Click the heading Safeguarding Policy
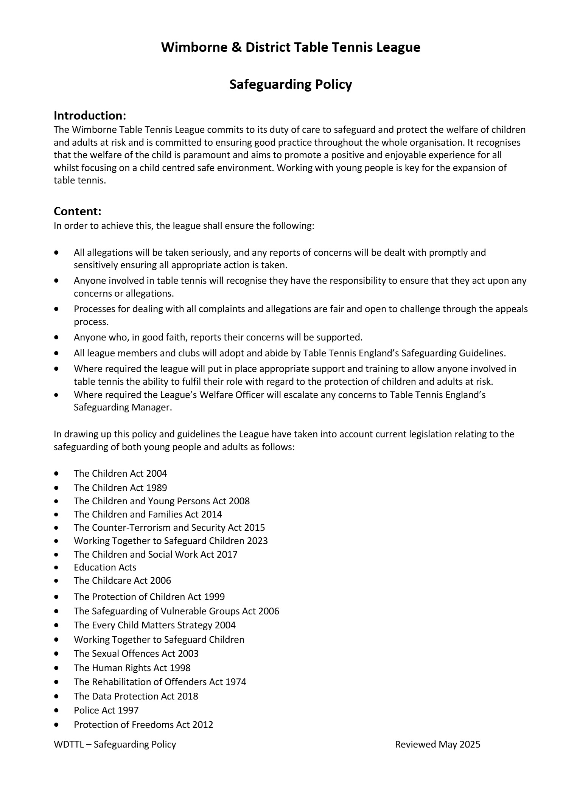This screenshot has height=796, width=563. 291,84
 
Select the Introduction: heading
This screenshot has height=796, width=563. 90,115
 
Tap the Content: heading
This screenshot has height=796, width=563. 78,211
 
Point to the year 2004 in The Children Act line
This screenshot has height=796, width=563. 156,473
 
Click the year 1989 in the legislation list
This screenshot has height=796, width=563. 156,488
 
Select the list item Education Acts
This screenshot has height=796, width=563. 105,567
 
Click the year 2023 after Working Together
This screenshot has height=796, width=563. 257,541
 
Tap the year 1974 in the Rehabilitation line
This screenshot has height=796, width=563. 236,682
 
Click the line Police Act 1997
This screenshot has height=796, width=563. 106,710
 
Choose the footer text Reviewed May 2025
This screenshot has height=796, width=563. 437,745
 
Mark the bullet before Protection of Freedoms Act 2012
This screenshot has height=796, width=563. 57,725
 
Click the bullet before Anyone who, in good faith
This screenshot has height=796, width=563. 57,337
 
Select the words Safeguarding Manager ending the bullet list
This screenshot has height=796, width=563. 123,407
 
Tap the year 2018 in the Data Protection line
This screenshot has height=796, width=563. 187,696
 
